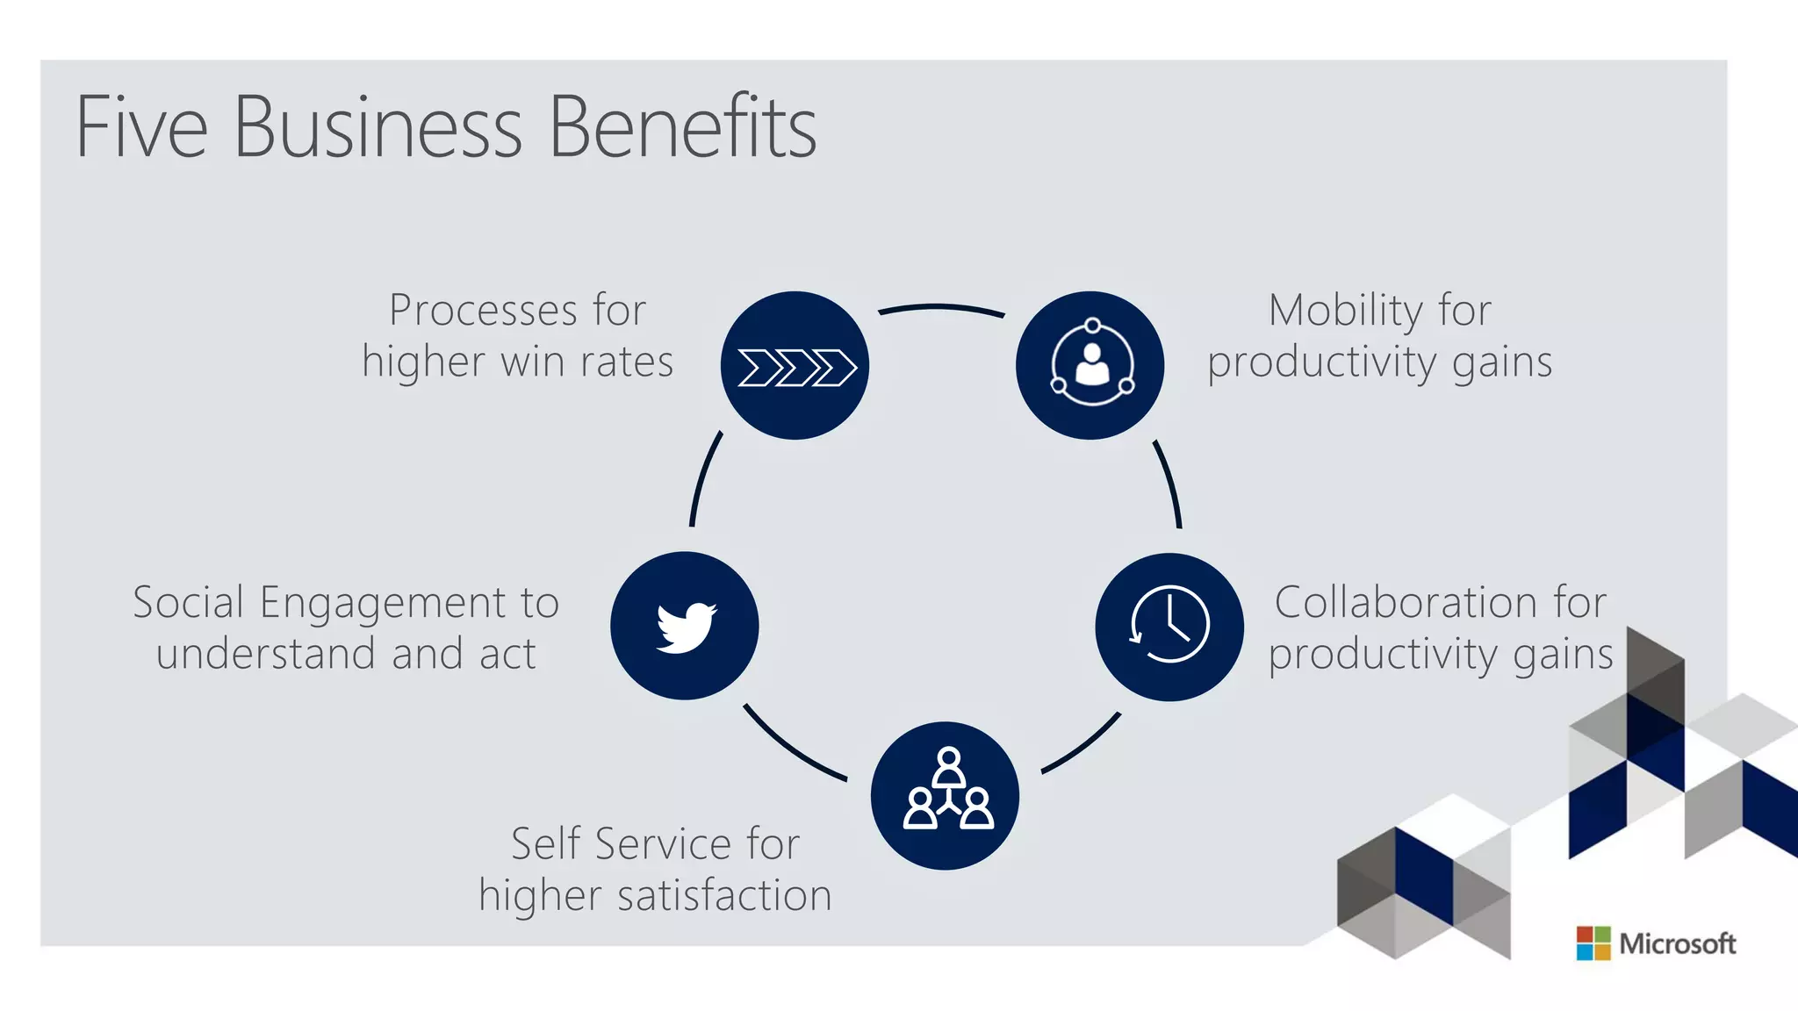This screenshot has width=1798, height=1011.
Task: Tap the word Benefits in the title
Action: (x=682, y=128)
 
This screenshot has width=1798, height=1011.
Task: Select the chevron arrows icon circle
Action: (x=795, y=366)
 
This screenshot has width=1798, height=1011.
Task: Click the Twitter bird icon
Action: (x=686, y=627)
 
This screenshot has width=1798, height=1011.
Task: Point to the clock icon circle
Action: (x=1169, y=627)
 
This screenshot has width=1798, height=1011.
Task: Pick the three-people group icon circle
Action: (x=946, y=795)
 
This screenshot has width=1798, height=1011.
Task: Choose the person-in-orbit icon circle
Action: (x=1090, y=366)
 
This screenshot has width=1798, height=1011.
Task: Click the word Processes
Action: (x=484, y=311)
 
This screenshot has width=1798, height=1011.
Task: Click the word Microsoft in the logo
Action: (x=1677, y=944)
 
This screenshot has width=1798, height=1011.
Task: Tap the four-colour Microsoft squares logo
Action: (x=1593, y=943)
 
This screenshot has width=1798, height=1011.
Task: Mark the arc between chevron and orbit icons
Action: (x=941, y=307)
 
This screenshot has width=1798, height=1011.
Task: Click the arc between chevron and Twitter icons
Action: (x=703, y=478)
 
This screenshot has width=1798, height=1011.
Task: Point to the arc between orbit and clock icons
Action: (x=1169, y=483)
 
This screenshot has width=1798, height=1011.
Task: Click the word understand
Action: (x=267, y=655)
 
